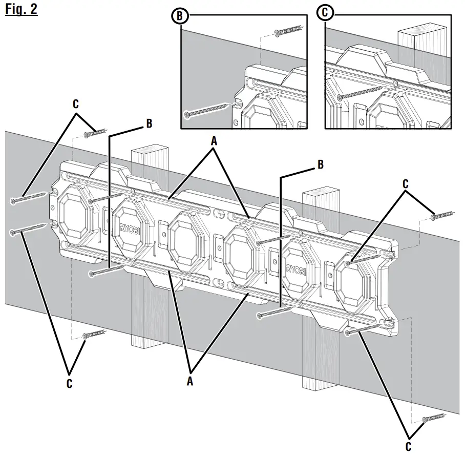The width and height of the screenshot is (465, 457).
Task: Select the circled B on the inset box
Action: tap(179, 16)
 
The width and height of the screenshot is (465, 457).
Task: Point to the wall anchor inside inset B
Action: tap(283, 32)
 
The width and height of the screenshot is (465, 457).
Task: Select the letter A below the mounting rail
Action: tap(191, 381)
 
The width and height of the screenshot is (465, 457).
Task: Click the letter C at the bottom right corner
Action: tap(408, 447)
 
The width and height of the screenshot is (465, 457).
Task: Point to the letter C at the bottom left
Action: tap(69, 383)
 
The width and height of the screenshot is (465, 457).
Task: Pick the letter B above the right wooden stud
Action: tap(321, 164)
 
